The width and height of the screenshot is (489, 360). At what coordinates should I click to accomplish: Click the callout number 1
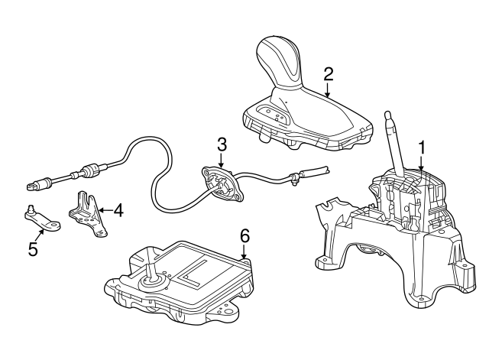421,146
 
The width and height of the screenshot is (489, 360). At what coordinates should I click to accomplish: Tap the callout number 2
329,73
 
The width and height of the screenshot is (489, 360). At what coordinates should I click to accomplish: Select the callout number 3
222,143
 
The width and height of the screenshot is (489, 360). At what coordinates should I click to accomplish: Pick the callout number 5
33,249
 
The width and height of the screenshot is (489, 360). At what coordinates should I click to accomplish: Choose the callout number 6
244,236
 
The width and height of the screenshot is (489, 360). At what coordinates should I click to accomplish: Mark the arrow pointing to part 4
105,208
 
